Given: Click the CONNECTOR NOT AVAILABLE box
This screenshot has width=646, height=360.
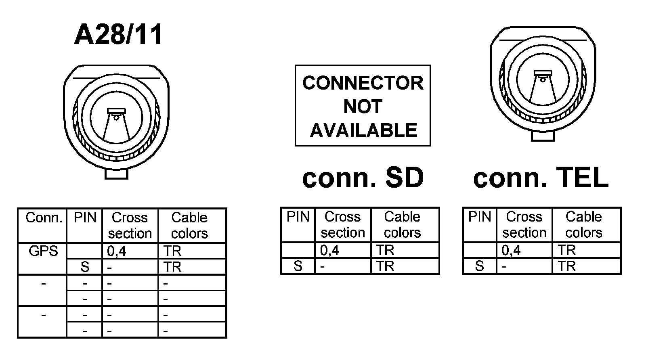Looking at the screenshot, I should [x=363, y=106].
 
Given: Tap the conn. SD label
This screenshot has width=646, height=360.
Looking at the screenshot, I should [x=363, y=178].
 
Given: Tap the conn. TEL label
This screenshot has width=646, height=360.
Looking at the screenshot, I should [x=541, y=178].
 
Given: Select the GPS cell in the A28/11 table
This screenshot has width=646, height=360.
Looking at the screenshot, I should [x=43, y=251].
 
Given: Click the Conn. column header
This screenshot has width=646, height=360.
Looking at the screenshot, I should [x=43, y=218].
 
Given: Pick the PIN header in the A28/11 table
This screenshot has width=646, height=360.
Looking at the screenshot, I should [x=85, y=218].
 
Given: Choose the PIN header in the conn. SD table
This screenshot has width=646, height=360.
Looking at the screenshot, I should [x=298, y=217].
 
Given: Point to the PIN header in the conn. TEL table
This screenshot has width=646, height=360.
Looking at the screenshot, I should [x=480, y=217].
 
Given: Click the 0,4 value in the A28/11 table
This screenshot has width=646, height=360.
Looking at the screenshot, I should [x=117, y=251].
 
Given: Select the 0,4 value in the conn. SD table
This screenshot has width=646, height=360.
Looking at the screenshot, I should [x=329, y=251].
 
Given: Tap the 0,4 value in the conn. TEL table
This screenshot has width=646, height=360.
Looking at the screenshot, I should [x=511, y=251].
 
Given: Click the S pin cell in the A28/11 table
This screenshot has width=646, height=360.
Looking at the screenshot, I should [x=85, y=267].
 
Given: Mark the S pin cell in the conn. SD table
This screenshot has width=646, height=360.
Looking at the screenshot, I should [x=298, y=266].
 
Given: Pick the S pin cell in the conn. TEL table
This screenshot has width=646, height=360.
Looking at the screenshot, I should [x=480, y=266].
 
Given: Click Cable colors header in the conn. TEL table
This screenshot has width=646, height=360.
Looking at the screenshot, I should [x=584, y=225].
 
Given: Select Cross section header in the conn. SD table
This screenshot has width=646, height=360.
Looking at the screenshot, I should [x=343, y=225].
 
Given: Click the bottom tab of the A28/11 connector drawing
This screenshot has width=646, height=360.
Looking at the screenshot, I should [x=116, y=174].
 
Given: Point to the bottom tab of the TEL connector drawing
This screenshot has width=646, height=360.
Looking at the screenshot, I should [x=543, y=136].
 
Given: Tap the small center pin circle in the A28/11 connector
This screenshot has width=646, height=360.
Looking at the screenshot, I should [x=116, y=118].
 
